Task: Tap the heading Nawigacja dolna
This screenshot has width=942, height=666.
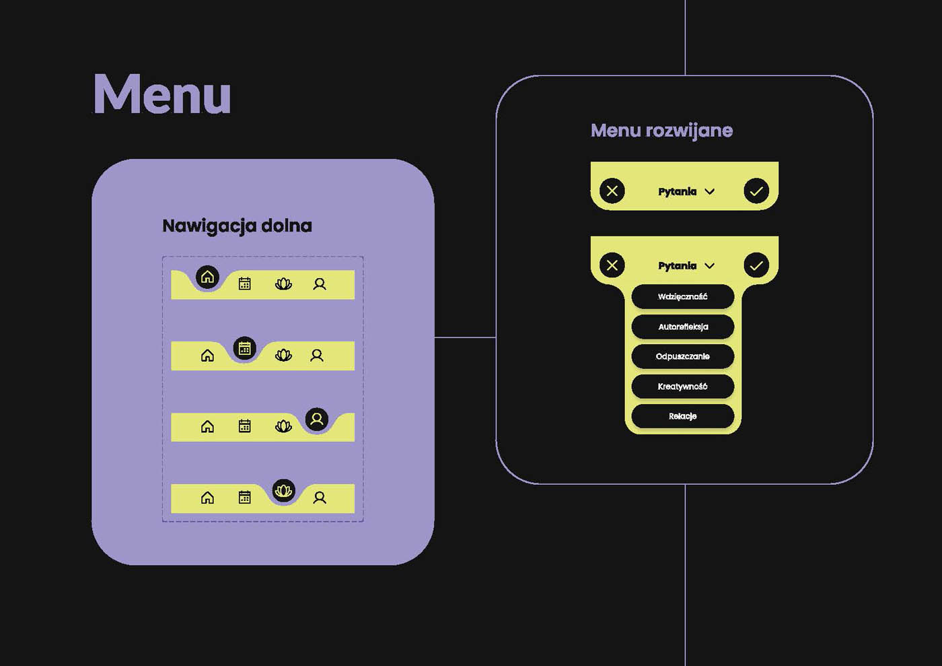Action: pos(237,226)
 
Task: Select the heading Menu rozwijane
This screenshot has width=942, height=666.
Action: pos(661,130)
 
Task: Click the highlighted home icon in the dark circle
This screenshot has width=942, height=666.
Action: pos(207,277)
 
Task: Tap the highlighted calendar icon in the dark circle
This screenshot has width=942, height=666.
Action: pos(244,348)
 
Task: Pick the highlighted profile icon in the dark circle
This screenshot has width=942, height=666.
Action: pos(317,420)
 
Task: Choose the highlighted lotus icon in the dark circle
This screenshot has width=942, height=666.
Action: pos(284,490)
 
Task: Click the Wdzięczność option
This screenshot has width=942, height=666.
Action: pos(682,296)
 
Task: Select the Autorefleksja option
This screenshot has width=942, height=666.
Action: pos(682,327)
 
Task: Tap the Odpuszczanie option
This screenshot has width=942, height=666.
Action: pos(682,356)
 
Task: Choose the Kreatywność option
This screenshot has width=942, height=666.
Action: pos(682,387)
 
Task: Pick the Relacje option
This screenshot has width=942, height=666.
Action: pos(682,416)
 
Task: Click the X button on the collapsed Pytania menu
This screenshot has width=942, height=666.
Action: pos(612,191)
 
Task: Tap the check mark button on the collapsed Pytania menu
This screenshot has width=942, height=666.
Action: pos(756,191)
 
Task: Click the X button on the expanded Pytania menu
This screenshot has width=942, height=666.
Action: pos(612,265)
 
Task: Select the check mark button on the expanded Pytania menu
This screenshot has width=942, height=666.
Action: pos(756,265)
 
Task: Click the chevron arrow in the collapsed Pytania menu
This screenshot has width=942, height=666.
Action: pos(709,192)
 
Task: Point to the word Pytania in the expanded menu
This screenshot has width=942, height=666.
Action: pos(677,266)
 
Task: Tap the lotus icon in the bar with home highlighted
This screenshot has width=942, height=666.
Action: pos(283,284)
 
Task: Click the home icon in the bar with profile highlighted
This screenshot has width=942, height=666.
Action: pos(207,426)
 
